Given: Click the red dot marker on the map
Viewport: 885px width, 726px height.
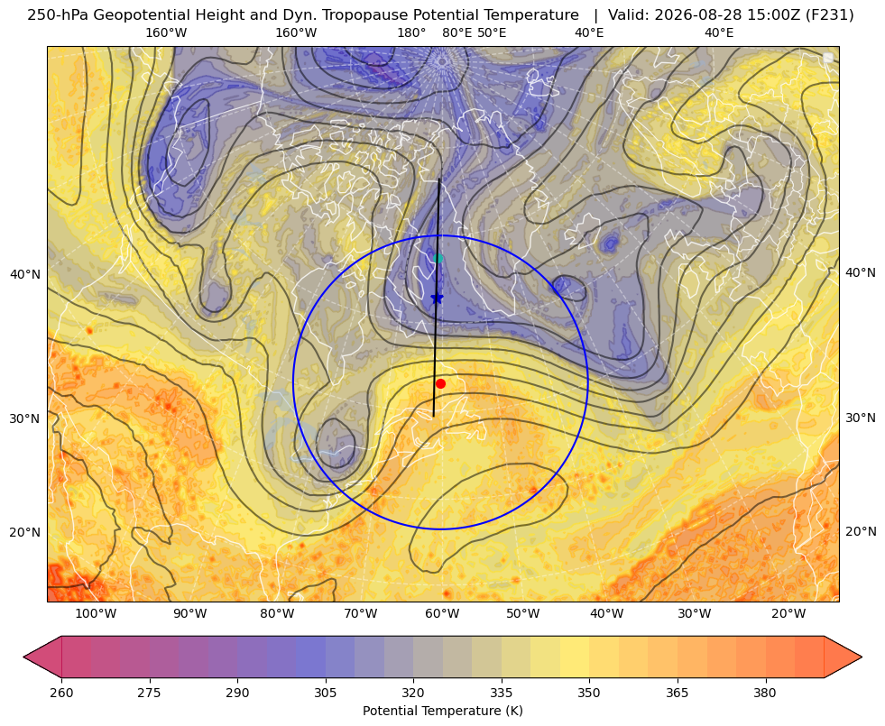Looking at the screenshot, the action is (441, 383).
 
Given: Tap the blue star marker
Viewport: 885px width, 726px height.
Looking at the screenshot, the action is (437, 298).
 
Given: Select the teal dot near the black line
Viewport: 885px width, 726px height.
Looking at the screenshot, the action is (438, 258).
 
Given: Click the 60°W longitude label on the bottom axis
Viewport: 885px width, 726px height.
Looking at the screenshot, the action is (442, 614).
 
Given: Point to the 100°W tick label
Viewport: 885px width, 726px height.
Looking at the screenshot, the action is (96, 614).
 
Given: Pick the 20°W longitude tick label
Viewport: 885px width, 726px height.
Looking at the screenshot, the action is (788, 614).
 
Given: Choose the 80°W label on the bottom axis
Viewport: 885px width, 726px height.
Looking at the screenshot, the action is (277, 614).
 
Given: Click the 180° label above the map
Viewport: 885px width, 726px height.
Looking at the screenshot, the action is (411, 32).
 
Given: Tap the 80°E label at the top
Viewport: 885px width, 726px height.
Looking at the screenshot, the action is (457, 32).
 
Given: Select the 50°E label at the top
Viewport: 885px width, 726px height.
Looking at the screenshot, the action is (492, 32).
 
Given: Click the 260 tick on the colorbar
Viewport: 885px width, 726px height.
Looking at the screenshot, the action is (61, 693).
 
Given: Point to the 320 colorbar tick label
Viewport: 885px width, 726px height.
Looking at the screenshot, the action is (413, 693).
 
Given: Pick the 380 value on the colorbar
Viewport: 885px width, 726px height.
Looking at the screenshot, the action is (765, 693).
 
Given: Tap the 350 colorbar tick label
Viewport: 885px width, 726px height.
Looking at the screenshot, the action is (589, 693).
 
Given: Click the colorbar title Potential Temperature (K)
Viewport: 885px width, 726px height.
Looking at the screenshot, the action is (443, 711).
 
